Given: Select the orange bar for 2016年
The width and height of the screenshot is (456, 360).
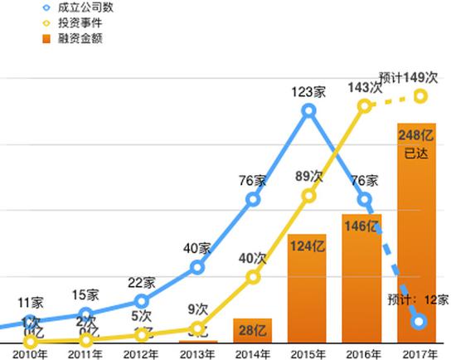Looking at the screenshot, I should coord(361,278).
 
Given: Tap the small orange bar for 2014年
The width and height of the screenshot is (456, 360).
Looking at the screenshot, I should coord(253,330).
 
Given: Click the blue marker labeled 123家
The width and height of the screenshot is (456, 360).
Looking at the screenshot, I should coord(308,110).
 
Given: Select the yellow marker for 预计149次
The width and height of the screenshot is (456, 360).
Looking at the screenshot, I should coord(420,96).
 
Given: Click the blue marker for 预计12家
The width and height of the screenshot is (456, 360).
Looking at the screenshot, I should coord(420,321).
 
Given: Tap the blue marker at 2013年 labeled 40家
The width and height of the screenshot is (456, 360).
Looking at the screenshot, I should coord(197,267).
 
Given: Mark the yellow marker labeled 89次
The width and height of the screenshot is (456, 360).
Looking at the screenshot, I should coord(308,196).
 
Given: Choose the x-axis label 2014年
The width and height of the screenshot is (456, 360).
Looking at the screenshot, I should coord(252,353).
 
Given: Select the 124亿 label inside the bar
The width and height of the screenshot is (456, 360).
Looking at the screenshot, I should coord(306,247).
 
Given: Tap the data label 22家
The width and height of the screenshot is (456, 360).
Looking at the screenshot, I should coord(142,283).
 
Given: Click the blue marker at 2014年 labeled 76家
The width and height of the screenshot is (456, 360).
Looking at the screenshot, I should coord(253,200).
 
